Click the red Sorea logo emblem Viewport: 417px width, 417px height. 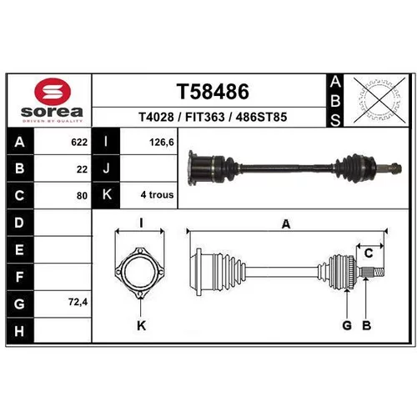click(53, 92)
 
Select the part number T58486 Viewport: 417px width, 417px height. click(213, 92)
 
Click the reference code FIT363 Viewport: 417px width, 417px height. click(205, 117)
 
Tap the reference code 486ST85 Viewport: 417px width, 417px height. click(261, 117)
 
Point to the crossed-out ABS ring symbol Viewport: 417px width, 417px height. click(379, 100)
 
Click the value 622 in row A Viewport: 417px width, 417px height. click(79, 143)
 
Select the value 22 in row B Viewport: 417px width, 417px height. click(82, 169)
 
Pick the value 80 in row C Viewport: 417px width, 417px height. click(82, 196)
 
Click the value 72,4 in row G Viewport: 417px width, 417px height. click(78, 302)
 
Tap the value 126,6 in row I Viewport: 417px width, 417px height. click(162, 143)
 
